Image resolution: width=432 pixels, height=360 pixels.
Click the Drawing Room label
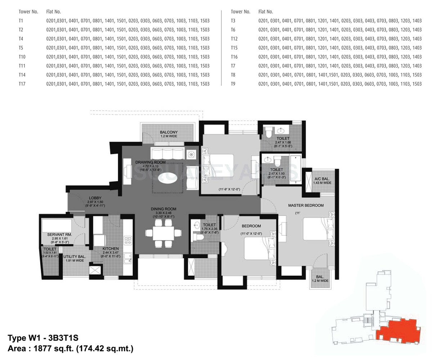click(x=150, y=162)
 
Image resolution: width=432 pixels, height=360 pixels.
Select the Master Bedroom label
click(x=306, y=205)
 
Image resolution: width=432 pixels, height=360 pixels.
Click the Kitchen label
click(x=111, y=249)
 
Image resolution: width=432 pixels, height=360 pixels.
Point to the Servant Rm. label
click(x=59, y=235)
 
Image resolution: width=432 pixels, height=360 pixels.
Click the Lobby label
click(x=95, y=198)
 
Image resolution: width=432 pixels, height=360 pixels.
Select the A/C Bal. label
click(x=322, y=179)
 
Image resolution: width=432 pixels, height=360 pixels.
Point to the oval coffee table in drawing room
click(x=168, y=177)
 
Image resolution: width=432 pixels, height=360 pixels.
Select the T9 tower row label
click(x=233, y=84)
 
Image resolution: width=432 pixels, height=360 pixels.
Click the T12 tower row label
click(x=234, y=39)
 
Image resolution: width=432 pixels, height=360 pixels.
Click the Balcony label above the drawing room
click(x=168, y=132)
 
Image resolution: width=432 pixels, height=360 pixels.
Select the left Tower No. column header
click(x=28, y=12)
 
